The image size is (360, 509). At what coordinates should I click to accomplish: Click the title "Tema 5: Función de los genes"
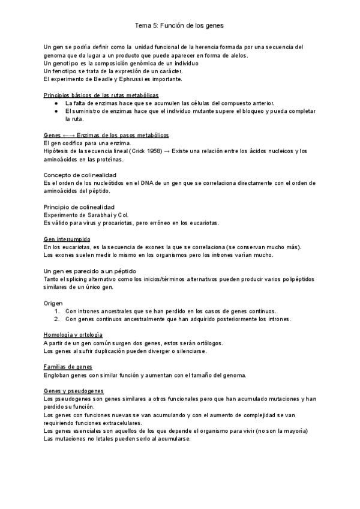(179, 26)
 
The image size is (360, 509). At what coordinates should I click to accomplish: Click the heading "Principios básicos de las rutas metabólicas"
(101, 95)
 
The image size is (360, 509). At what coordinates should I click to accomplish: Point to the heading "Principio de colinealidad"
(79, 206)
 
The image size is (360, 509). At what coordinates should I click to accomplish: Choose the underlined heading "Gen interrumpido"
(67, 239)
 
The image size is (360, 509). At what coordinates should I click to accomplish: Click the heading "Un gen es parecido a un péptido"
(91, 271)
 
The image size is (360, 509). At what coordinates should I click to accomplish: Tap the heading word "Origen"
(53, 303)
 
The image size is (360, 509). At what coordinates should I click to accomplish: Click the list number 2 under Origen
(58, 319)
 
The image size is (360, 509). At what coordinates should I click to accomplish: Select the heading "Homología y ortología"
(73, 334)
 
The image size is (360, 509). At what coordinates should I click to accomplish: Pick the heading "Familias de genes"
(68, 367)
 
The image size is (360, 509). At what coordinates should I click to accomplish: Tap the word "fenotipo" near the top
(68, 71)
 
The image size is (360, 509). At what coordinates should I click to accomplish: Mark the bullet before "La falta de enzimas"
(55, 103)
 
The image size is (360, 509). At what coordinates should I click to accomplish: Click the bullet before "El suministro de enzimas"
(55, 111)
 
